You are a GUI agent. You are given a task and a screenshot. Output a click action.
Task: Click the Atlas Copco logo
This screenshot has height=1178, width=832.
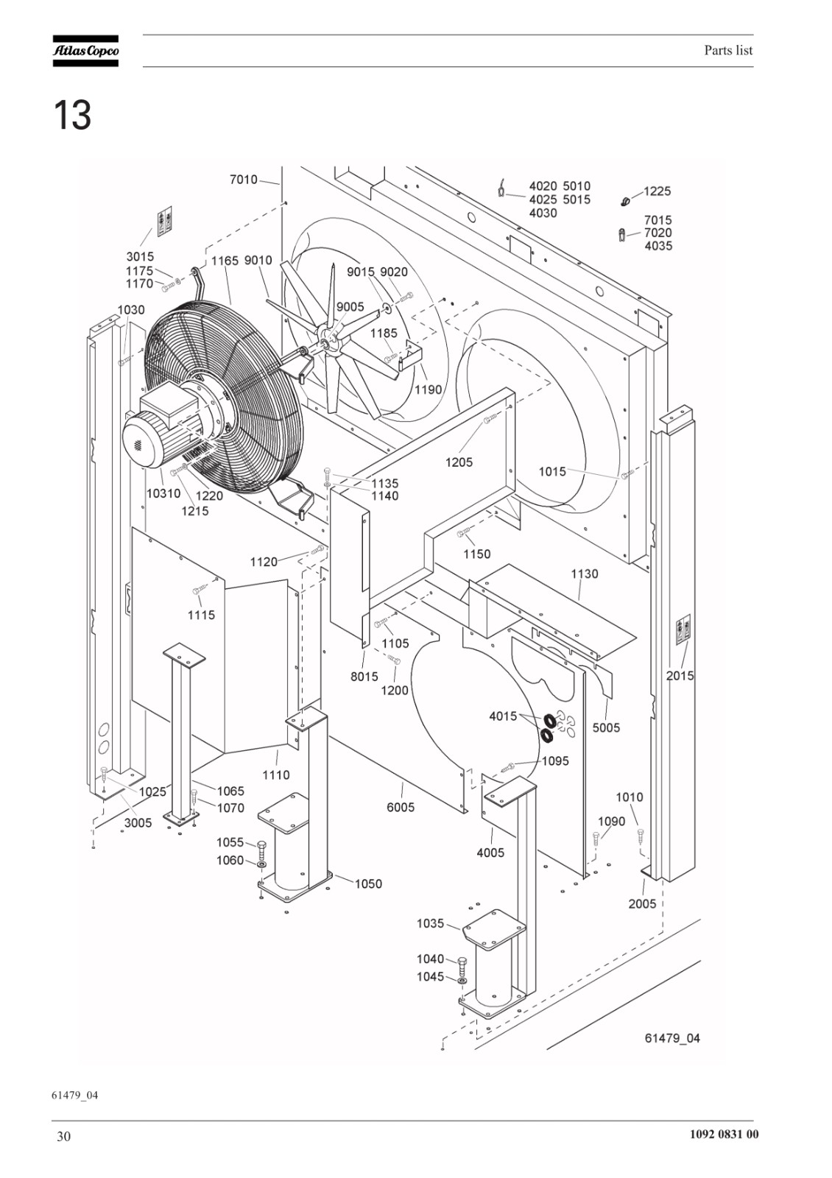(85, 51)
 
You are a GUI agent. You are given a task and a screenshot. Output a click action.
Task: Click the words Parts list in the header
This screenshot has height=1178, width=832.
(728, 51)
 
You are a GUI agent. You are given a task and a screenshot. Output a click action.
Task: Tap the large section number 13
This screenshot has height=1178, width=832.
(72, 116)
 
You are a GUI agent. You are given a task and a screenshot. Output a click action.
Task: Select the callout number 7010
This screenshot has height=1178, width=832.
(244, 180)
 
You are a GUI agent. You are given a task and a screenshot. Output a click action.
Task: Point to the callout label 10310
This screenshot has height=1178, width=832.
(163, 493)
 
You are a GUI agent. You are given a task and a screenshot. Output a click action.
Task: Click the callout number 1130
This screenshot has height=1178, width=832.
(585, 574)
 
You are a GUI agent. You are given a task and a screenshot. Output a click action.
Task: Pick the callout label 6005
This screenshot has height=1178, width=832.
(401, 807)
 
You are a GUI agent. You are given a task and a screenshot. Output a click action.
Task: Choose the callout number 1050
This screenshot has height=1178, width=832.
(368, 883)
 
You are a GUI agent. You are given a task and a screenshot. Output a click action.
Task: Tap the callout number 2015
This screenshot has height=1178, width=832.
(680, 676)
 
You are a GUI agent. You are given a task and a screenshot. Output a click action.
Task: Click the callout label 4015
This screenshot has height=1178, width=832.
(504, 716)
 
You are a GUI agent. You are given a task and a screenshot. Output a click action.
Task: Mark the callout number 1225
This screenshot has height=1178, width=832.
(658, 191)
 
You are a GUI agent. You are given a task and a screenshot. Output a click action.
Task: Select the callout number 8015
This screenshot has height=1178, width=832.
(364, 677)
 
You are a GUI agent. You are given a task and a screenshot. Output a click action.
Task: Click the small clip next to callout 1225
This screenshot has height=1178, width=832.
(625, 200)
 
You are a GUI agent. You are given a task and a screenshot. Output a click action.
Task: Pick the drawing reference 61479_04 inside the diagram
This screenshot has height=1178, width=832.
(672, 1038)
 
